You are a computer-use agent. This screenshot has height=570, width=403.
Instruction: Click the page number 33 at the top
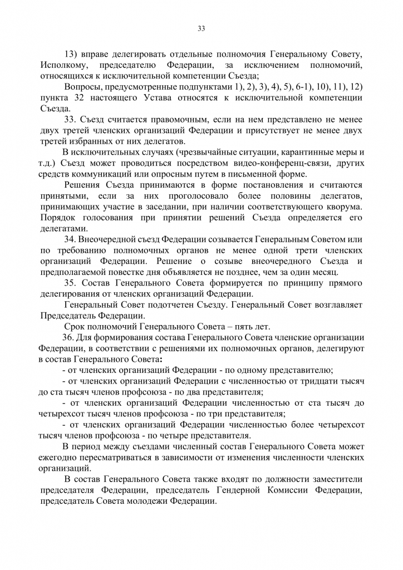[x=201, y=30]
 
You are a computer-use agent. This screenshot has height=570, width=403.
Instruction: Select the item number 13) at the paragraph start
[x=72, y=55]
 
